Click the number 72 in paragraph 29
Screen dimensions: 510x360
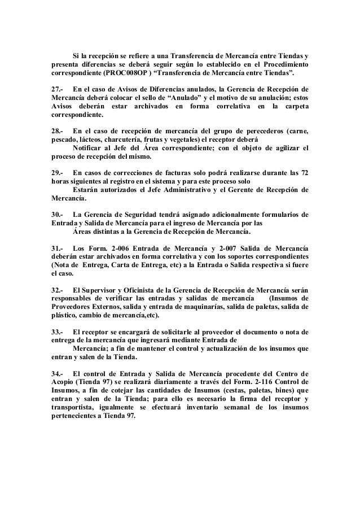[x=304, y=173]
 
